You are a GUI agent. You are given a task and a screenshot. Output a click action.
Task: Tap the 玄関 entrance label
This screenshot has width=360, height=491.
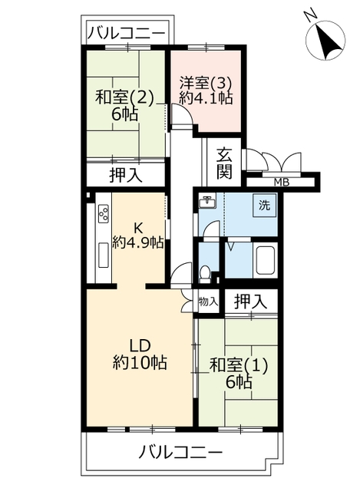click(x=225, y=163)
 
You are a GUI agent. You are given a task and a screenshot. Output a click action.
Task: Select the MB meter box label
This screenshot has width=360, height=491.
click(x=282, y=182)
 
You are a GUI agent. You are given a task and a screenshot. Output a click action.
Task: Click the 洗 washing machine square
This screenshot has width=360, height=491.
click(x=265, y=206)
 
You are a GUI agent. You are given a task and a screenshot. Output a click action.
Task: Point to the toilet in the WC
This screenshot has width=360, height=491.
click(x=205, y=275)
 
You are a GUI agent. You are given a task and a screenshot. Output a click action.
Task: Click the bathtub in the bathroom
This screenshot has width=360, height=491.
click(x=266, y=261)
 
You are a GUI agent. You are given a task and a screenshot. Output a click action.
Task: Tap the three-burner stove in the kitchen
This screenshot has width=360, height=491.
click(x=104, y=213)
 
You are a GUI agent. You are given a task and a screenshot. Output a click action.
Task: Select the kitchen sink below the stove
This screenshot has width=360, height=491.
click(x=104, y=255)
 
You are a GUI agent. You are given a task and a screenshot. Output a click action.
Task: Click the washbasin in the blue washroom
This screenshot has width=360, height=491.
click(x=207, y=202)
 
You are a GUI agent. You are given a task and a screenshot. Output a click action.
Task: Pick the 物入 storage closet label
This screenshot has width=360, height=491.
click(x=208, y=302)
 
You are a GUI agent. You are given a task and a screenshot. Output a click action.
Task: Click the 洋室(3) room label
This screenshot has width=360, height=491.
click(x=205, y=84)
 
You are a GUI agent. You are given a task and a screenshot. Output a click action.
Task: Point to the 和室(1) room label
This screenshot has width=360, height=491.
click(x=239, y=365)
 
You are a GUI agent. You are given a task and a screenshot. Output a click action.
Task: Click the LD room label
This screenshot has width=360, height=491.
click(x=140, y=346)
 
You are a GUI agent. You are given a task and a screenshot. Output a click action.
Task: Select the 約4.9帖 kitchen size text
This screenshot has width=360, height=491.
click(x=138, y=242)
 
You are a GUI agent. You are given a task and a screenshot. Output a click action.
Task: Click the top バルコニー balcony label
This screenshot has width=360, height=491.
click(x=126, y=32)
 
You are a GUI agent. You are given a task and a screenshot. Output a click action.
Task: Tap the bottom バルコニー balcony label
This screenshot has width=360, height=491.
click(x=181, y=453)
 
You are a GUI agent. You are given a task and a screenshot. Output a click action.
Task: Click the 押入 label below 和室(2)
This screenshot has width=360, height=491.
click(x=126, y=176)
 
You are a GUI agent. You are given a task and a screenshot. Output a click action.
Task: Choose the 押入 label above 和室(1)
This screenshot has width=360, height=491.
click(x=251, y=302)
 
